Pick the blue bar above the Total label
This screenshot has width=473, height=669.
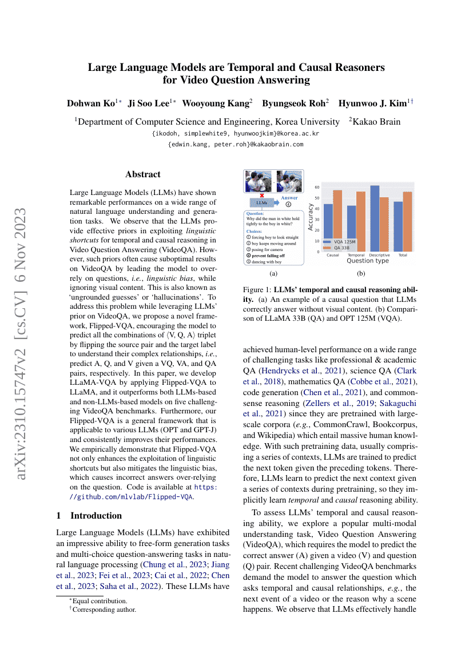pos(398,226)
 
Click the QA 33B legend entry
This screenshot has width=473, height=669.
pos(342,248)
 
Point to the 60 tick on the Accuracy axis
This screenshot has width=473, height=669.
pos(317,187)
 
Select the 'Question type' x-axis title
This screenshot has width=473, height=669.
pos(367,261)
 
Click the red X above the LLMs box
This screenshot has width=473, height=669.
pos(262,196)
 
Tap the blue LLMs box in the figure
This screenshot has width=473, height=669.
pos(262,202)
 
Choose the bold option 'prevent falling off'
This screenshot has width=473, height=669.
pos(269,255)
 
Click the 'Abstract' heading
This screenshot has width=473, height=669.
pos(143,174)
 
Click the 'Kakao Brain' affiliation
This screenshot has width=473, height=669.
pos(377,121)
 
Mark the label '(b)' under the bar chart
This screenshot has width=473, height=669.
pos(361,273)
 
